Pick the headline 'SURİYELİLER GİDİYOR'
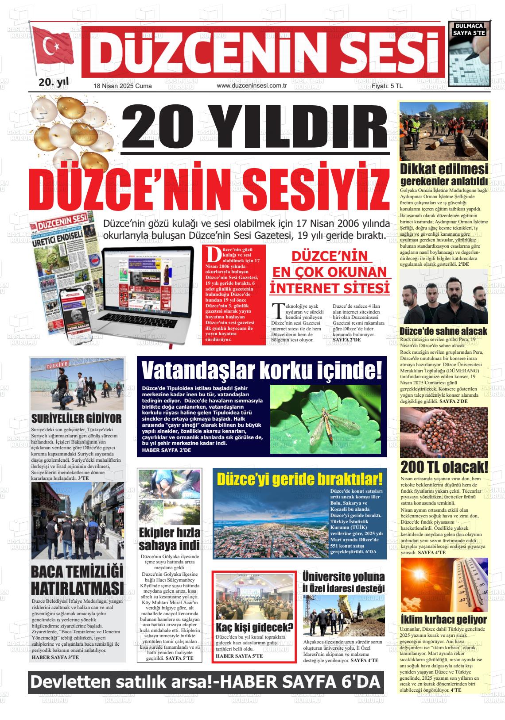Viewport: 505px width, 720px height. pos(76,418)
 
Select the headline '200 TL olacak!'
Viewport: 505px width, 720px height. pos(444,467)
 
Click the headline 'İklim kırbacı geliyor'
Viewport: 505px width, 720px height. pos(443,619)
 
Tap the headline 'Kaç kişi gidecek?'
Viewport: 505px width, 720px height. pos(254,627)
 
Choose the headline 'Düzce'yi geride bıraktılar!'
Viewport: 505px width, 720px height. pos(299,479)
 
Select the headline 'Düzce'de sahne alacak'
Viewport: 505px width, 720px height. pos(443,331)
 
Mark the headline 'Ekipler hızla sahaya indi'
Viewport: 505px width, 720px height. pos(169,538)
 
